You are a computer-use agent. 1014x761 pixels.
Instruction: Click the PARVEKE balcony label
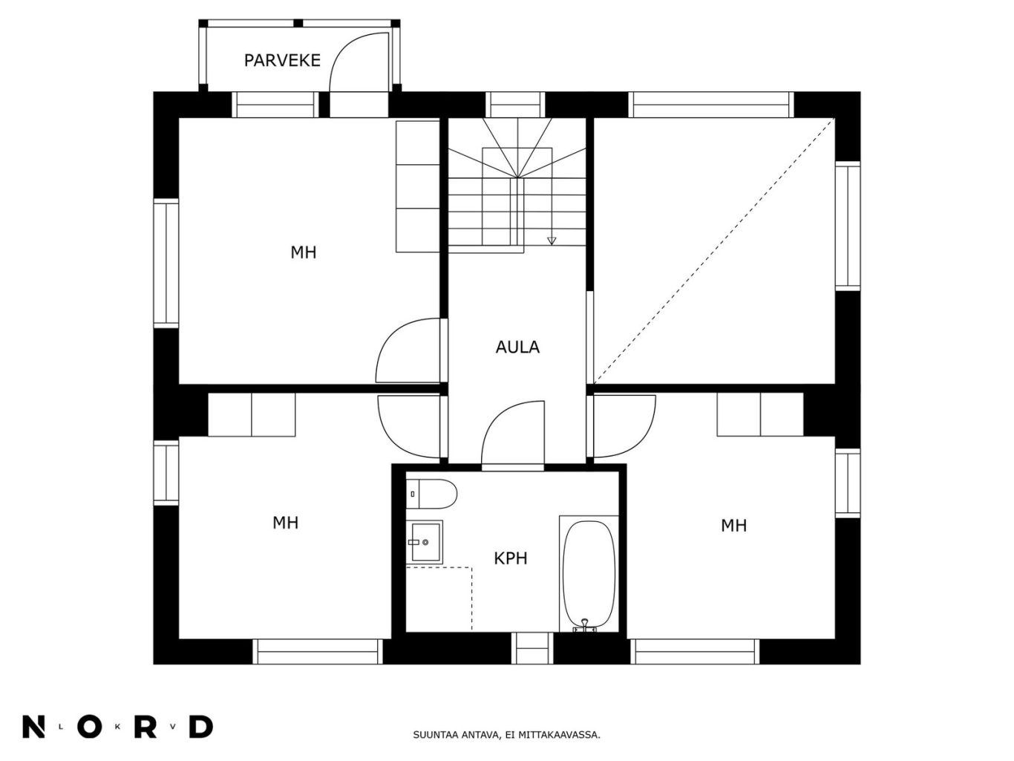click(282, 61)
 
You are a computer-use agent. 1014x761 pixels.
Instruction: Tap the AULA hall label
click(517, 347)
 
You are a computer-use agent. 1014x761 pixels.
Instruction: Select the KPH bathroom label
click(511, 558)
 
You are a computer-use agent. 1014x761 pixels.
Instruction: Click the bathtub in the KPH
click(589, 575)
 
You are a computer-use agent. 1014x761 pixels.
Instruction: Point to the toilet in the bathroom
click(431, 494)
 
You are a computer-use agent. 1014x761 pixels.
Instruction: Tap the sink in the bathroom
click(425, 542)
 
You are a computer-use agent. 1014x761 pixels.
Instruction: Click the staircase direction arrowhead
click(551, 241)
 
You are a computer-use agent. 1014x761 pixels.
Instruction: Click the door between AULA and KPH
click(513, 436)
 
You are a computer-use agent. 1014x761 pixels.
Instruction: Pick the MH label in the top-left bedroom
click(303, 252)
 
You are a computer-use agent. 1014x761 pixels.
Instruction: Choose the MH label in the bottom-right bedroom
click(733, 526)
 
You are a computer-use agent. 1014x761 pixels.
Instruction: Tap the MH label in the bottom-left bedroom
click(285, 523)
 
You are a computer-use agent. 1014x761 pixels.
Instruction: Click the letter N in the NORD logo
click(33, 727)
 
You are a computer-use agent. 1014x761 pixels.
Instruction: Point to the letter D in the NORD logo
click(201, 727)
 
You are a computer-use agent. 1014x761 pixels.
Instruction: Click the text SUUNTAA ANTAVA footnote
click(506, 735)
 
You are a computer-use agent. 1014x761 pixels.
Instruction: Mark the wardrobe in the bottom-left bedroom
click(252, 415)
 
